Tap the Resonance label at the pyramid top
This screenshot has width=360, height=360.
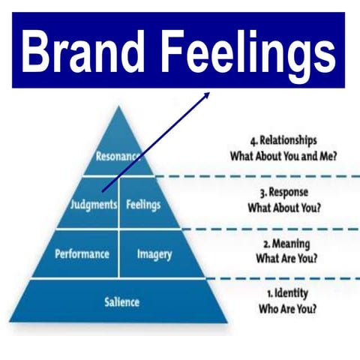[x=118, y=157]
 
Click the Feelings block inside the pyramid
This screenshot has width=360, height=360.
[x=142, y=204]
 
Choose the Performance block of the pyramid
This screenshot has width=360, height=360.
[x=82, y=254]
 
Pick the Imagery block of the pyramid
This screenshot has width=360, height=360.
[x=154, y=254]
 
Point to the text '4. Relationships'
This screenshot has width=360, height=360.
[x=283, y=140]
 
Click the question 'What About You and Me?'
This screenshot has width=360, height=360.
[x=283, y=157]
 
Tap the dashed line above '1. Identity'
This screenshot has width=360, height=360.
[x=285, y=278]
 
